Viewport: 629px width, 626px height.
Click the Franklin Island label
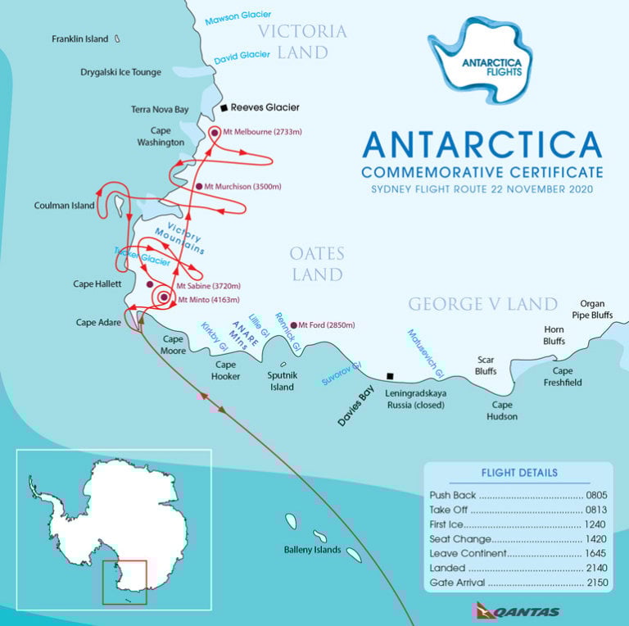click(79, 39)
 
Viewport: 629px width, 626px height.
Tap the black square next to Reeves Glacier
click(224, 107)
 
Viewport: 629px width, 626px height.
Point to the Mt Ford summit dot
click(293, 325)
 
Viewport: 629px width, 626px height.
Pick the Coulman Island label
click(63, 205)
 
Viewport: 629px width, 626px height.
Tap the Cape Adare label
click(98, 322)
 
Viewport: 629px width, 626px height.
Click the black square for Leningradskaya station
click(390, 377)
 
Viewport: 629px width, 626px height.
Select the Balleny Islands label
click(312, 549)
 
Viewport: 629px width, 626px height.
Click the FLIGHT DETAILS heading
click(518, 473)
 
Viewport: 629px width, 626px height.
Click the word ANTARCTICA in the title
click(482, 145)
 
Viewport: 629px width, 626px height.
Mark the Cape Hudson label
click(504, 411)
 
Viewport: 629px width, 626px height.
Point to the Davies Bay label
click(360, 406)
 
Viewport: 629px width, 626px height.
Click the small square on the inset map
click(124, 583)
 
